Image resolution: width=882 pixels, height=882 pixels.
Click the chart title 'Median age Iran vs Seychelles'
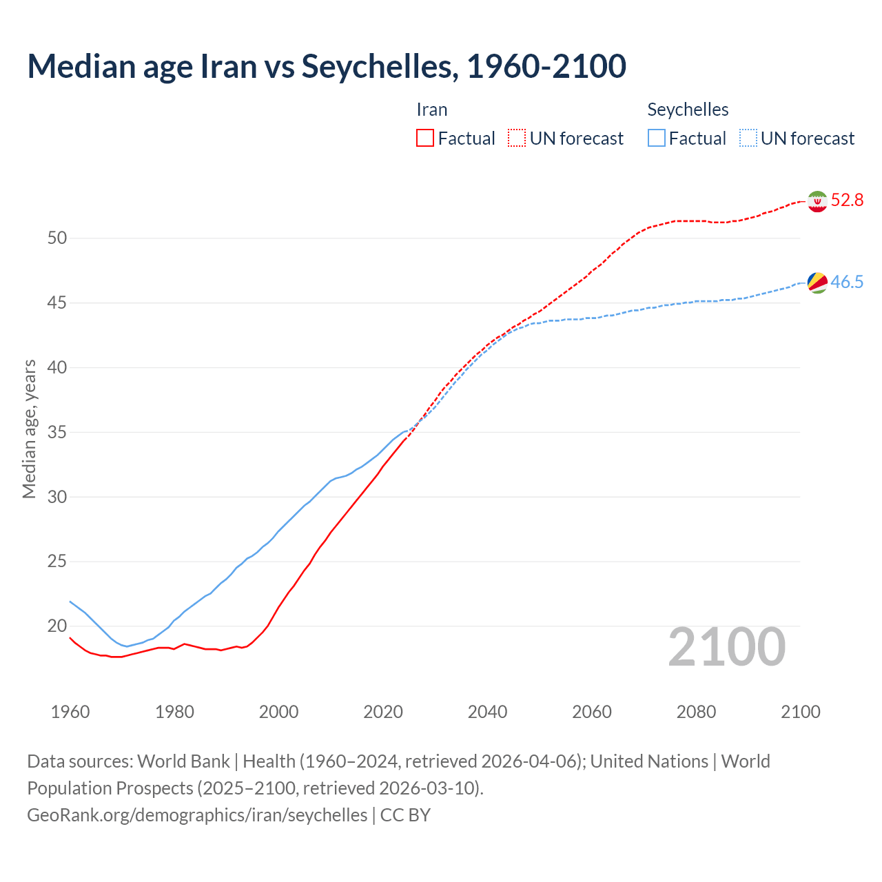coord(327,66)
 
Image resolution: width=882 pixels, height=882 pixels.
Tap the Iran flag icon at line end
coord(817,201)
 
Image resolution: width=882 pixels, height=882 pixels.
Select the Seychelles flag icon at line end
coord(817,283)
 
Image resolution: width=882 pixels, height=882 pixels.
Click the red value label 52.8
coord(847,201)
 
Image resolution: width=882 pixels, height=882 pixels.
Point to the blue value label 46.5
coord(847,283)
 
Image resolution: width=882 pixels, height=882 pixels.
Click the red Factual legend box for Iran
coord(425,139)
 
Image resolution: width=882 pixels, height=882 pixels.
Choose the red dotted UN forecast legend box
coord(517,139)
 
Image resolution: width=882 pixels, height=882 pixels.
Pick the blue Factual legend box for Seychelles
coord(657,139)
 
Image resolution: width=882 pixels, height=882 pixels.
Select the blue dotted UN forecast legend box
coord(748,139)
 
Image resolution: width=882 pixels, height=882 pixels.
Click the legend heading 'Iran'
coord(432,110)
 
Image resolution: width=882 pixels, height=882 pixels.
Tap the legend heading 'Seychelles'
coord(688,110)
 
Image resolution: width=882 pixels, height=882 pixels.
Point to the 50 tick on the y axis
coord(57,238)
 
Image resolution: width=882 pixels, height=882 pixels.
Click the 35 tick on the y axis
coord(57,433)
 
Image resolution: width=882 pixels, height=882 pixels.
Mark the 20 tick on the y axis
coord(57,626)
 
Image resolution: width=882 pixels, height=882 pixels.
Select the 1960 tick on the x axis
coord(70,712)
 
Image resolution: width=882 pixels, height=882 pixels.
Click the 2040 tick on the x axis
coord(487,712)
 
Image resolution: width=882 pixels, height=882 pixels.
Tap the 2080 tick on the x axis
coord(696,712)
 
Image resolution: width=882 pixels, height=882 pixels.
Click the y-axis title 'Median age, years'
coord(29,429)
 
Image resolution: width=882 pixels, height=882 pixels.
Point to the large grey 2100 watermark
coord(727,647)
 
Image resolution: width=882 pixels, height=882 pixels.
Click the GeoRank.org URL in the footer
coord(197,815)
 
